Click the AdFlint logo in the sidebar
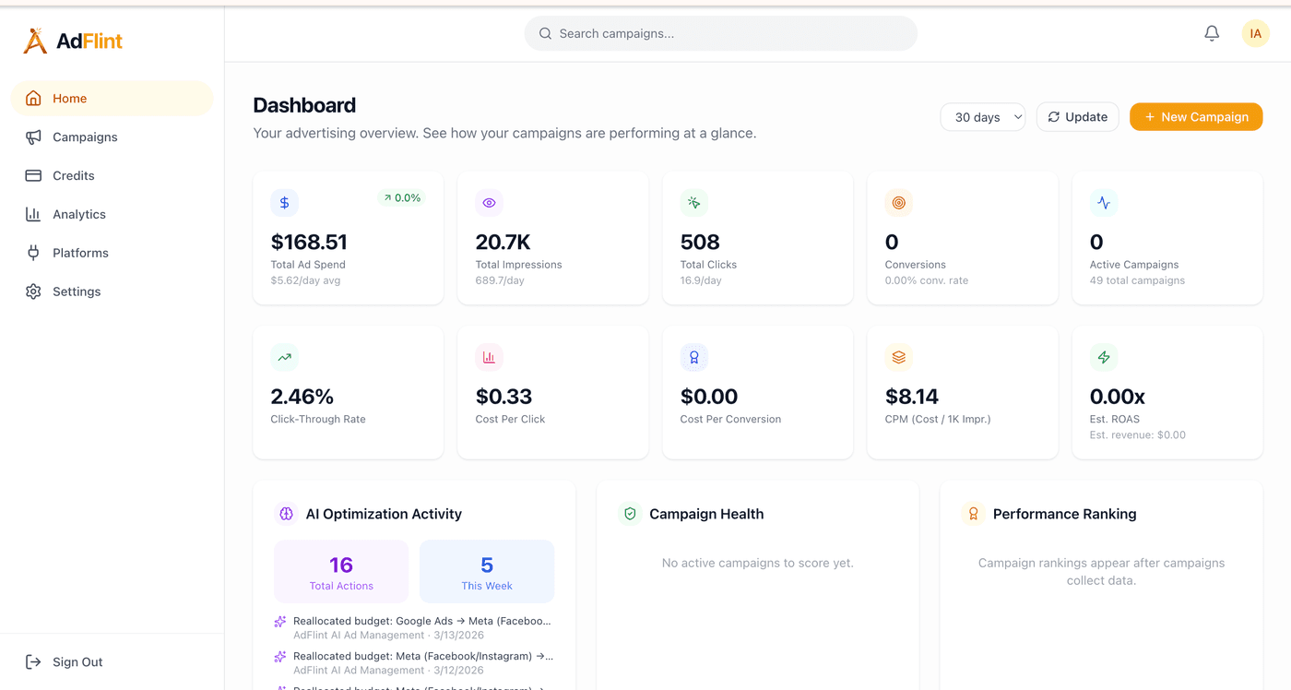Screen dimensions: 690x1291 click(x=73, y=41)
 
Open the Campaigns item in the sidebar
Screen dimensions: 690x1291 click(x=85, y=137)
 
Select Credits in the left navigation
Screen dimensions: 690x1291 click(x=74, y=176)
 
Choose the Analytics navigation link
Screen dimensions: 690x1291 click(x=79, y=215)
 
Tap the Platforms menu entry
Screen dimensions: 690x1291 click(x=80, y=254)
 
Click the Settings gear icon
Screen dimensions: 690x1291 click(x=34, y=291)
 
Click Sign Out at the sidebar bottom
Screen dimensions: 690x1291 click(x=77, y=662)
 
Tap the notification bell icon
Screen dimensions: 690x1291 click(x=1212, y=34)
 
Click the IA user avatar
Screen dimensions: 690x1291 click(x=1255, y=34)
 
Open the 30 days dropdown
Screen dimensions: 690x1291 click(x=983, y=117)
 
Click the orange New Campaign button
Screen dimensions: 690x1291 click(x=1195, y=117)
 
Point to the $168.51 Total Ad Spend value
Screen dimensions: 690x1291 click(x=309, y=243)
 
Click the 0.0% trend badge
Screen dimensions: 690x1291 click(x=401, y=198)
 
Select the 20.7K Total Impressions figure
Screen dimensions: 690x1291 click(x=503, y=243)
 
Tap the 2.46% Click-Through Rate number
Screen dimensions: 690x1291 click(x=302, y=398)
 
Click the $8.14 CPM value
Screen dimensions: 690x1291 click(x=911, y=398)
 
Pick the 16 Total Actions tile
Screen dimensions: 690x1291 click(x=341, y=572)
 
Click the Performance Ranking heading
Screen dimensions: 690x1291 click(x=1064, y=515)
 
